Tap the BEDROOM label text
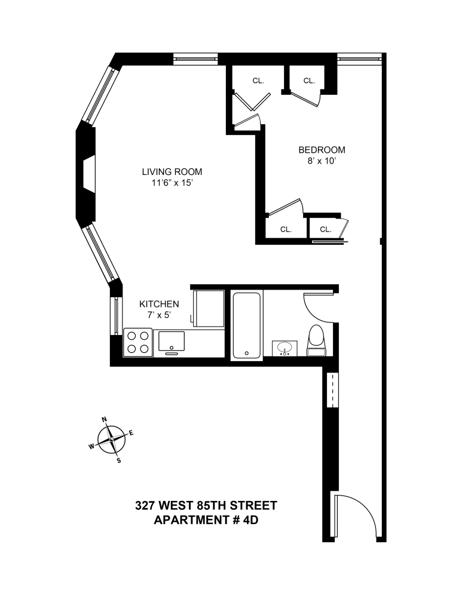[322, 150]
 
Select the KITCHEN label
[159, 304]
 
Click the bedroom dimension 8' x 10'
[322, 161]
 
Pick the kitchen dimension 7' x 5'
[159, 315]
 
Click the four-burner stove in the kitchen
[138, 343]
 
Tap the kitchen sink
[172, 341]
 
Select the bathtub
[246, 325]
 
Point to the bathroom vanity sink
[284, 347]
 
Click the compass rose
[111, 441]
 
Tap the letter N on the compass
[104, 420]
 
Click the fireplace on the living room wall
[88, 174]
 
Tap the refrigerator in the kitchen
[208, 308]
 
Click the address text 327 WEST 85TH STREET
[206, 506]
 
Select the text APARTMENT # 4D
[206, 519]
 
